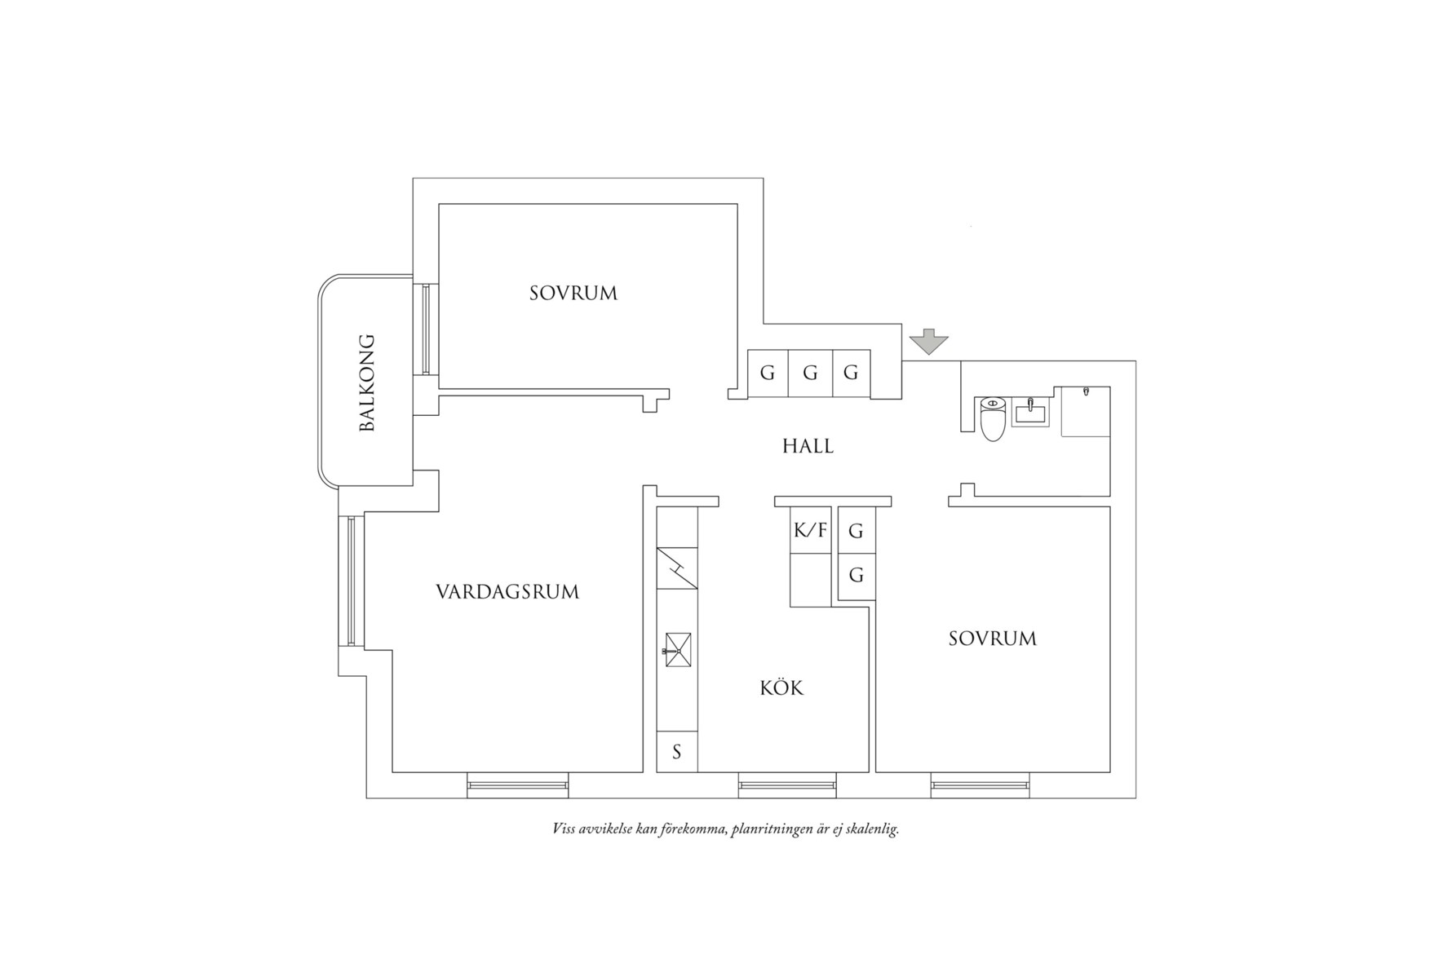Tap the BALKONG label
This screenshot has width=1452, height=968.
tap(367, 382)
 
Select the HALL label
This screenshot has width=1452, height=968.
tap(808, 446)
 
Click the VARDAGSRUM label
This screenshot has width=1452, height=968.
tap(507, 591)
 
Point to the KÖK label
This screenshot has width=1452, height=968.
tap(781, 687)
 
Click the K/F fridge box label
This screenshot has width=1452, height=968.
tap(810, 530)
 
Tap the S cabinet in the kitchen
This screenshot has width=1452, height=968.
tap(677, 751)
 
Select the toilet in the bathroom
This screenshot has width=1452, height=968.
tap(993, 418)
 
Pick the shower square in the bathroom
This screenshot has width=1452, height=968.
tap(1086, 411)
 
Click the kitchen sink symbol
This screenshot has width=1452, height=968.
tap(678, 650)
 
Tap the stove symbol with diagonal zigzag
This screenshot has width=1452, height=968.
tap(677, 568)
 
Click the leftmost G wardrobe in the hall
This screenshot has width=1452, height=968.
tap(768, 373)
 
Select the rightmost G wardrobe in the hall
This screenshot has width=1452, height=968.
tap(851, 373)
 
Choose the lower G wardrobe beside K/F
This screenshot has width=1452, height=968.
tap(857, 576)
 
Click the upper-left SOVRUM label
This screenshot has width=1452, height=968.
tap(573, 293)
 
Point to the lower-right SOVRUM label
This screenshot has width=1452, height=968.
tap(993, 638)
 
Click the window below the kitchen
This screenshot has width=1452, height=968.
tap(787, 785)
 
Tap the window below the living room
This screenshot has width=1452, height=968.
tap(518, 785)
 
